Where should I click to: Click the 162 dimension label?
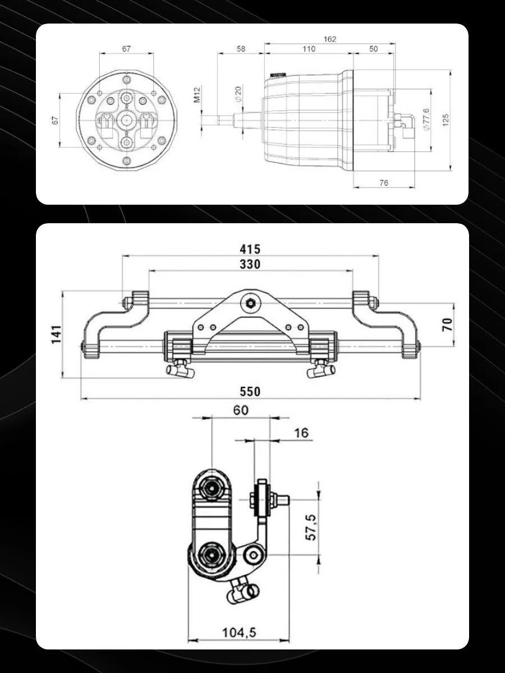point(330,39)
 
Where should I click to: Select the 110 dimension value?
point(309,49)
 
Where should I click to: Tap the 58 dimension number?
point(241,49)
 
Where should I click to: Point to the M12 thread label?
point(197,94)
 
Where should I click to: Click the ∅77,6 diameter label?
point(426,119)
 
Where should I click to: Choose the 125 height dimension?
point(446,120)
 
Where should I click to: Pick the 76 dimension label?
point(384,183)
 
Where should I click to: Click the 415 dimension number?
point(250,249)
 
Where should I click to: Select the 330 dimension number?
point(250,264)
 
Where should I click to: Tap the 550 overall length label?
point(250,391)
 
